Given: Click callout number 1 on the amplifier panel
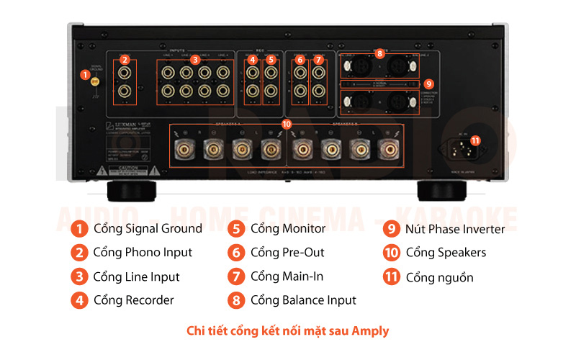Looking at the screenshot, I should [x=85, y=74].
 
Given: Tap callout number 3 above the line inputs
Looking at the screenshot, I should [x=195, y=60].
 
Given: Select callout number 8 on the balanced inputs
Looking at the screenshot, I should [x=379, y=53].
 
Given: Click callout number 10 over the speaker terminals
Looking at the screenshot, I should [x=287, y=124].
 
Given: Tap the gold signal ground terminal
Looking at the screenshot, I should [x=94, y=84].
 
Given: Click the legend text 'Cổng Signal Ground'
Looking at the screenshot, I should [x=148, y=229].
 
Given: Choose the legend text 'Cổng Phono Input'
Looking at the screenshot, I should [x=143, y=253].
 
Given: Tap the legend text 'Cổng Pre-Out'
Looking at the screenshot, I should [x=287, y=253].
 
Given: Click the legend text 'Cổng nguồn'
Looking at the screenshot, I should [x=439, y=277].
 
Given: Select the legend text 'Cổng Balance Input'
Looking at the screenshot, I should [x=303, y=300].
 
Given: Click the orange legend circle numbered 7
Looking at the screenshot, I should [x=236, y=276].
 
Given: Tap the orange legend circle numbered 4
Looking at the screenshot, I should [x=79, y=300].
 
